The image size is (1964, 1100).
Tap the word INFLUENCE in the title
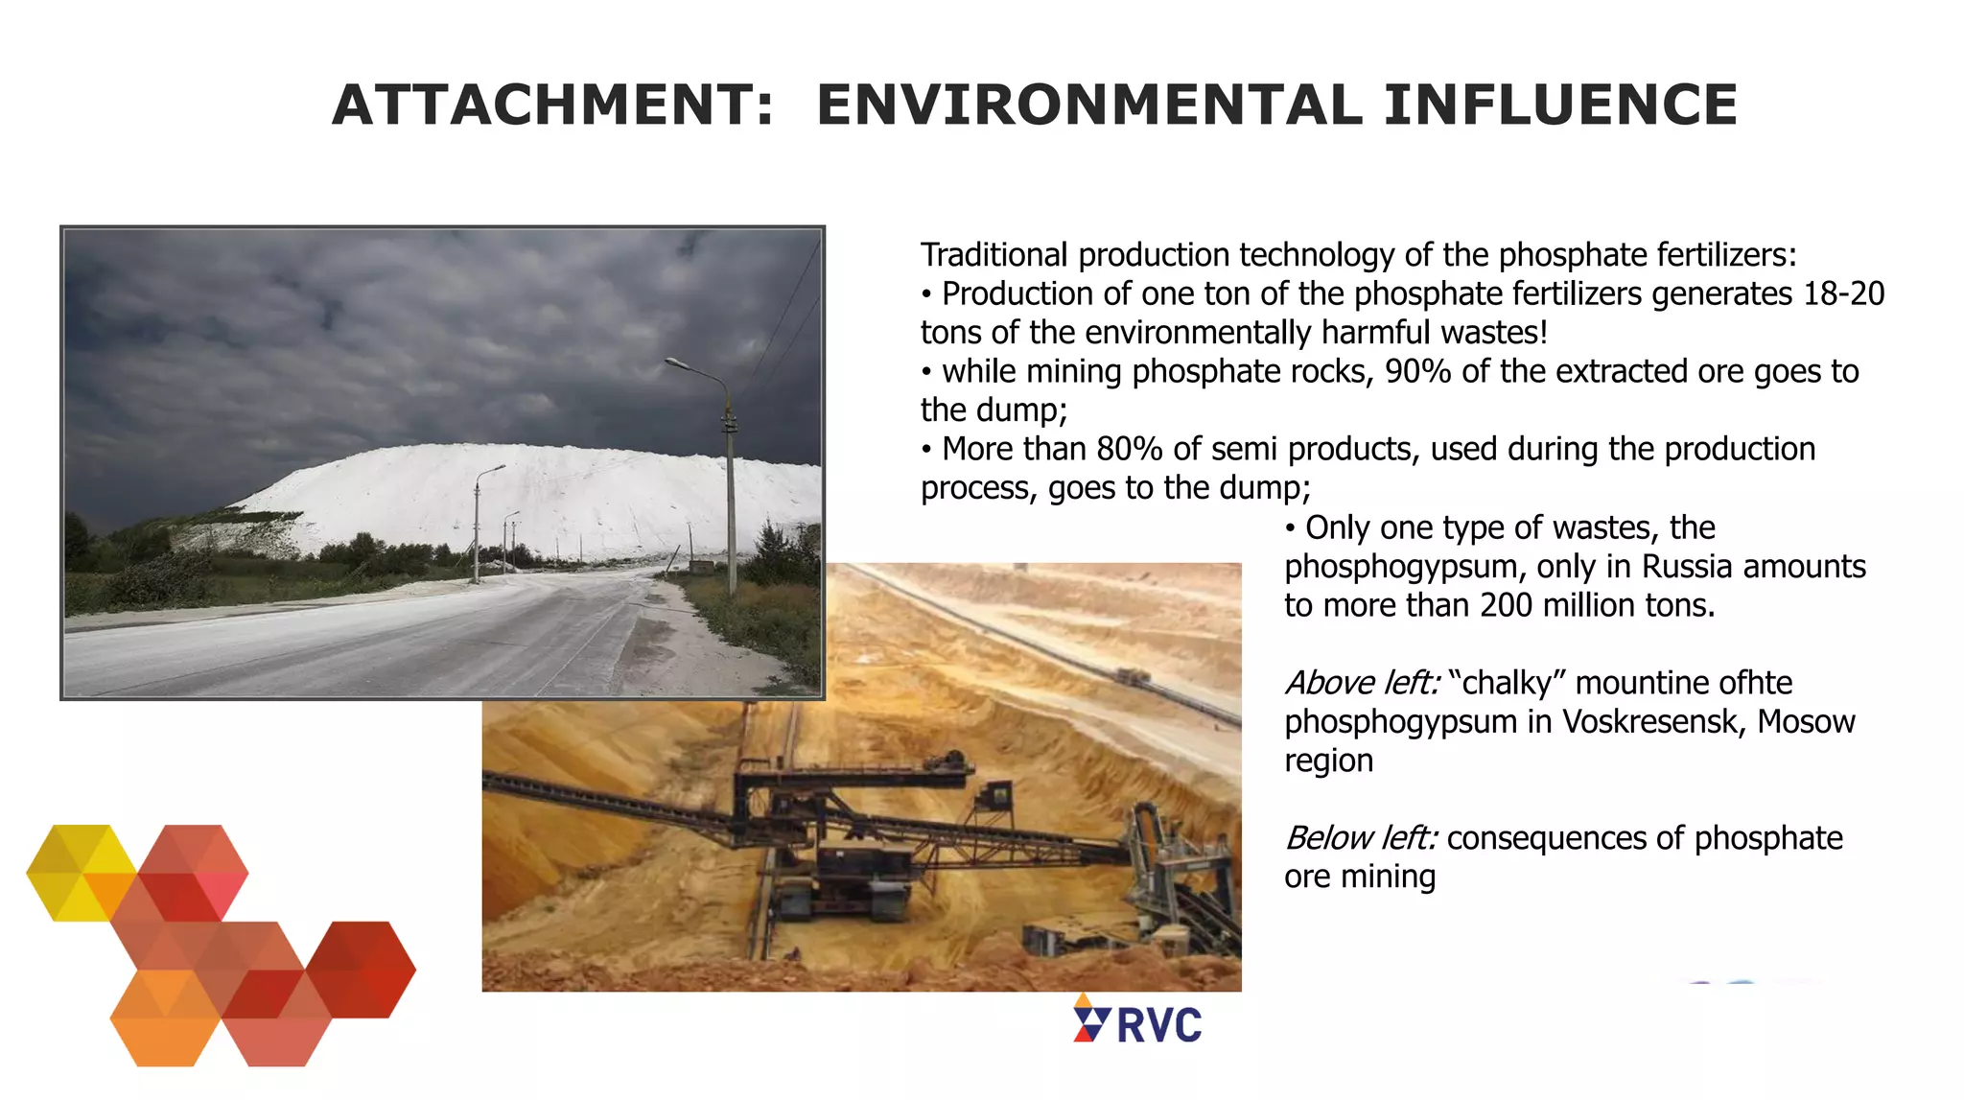point(1560,105)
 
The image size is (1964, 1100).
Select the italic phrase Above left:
point(1362,683)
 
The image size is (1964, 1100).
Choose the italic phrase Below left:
point(1361,838)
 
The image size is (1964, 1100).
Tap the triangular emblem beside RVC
point(1090,1019)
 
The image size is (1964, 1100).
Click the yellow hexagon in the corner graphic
point(82,872)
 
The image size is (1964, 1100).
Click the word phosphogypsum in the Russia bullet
point(1401,567)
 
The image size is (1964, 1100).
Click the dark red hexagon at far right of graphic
point(362,969)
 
